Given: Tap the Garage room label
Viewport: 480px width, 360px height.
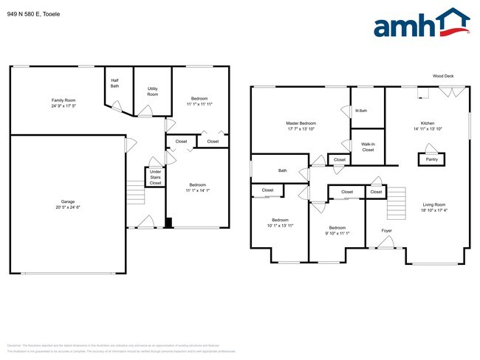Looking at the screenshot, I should pyautogui.click(x=67, y=201).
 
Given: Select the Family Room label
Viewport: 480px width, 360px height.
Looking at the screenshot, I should pyautogui.click(x=64, y=100).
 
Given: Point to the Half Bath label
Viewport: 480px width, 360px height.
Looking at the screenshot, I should pyautogui.click(x=115, y=83).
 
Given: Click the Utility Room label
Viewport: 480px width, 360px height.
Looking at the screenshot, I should pyautogui.click(x=153, y=91).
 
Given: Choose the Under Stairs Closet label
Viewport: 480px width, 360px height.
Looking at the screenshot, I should pyautogui.click(x=155, y=177).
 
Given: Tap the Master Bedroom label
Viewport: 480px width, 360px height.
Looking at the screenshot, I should pyautogui.click(x=301, y=122).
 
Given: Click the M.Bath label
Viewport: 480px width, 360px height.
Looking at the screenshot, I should pyautogui.click(x=361, y=111).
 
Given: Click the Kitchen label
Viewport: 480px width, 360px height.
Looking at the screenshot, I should pyautogui.click(x=428, y=122).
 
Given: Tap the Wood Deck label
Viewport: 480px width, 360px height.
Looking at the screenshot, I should pyautogui.click(x=443, y=76).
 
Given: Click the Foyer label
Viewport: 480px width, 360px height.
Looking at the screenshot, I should pyautogui.click(x=386, y=231).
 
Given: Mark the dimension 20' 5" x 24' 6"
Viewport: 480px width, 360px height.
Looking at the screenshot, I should pyautogui.click(x=67, y=207).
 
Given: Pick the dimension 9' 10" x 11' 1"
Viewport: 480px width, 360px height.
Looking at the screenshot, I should pyautogui.click(x=337, y=234).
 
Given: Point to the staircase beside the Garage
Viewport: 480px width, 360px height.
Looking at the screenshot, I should pyautogui.click(x=135, y=194).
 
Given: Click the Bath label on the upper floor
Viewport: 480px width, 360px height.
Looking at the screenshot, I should pyautogui.click(x=282, y=170).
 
